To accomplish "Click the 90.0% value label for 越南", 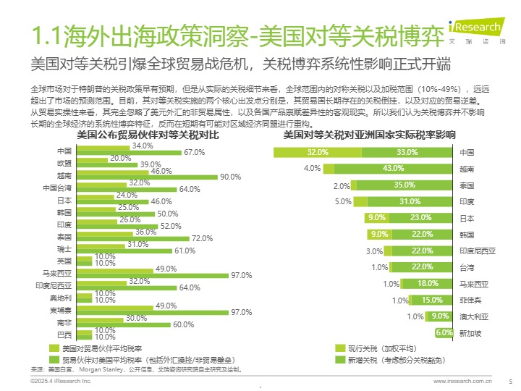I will pyautogui.click(x=230, y=177).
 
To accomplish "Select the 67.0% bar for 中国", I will pyautogui.click(x=129, y=153).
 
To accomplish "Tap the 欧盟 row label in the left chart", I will pyautogui.click(x=64, y=164).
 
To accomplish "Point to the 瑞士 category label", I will pyautogui.click(x=64, y=248).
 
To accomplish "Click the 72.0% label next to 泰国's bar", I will pyautogui.click(x=202, y=237).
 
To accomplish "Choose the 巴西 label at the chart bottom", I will pyautogui.click(x=64, y=334).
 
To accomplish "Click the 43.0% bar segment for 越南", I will pyautogui.click(x=394, y=169).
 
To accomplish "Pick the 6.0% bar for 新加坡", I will pyautogui.click(x=444, y=332).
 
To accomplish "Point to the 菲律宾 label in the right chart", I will pyautogui.click(x=471, y=300).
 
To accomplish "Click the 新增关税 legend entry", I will pyautogui.click(x=391, y=359).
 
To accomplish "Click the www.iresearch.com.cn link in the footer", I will pyautogui.click(x=462, y=380).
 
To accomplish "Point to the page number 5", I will pyautogui.click(x=510, y=380).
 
